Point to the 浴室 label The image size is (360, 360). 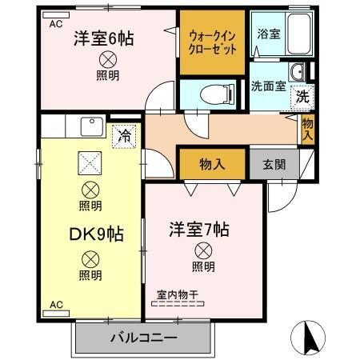pos(268,35)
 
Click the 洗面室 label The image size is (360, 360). pos(268,86)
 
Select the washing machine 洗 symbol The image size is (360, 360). pos(303,96)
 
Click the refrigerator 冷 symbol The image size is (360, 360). pos(124,136)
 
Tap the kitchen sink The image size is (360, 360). pos(90,128)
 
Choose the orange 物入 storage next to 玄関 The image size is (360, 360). pos(212,165)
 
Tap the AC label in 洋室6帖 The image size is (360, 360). pos(55,25)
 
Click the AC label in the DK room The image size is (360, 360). pos(55,305)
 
